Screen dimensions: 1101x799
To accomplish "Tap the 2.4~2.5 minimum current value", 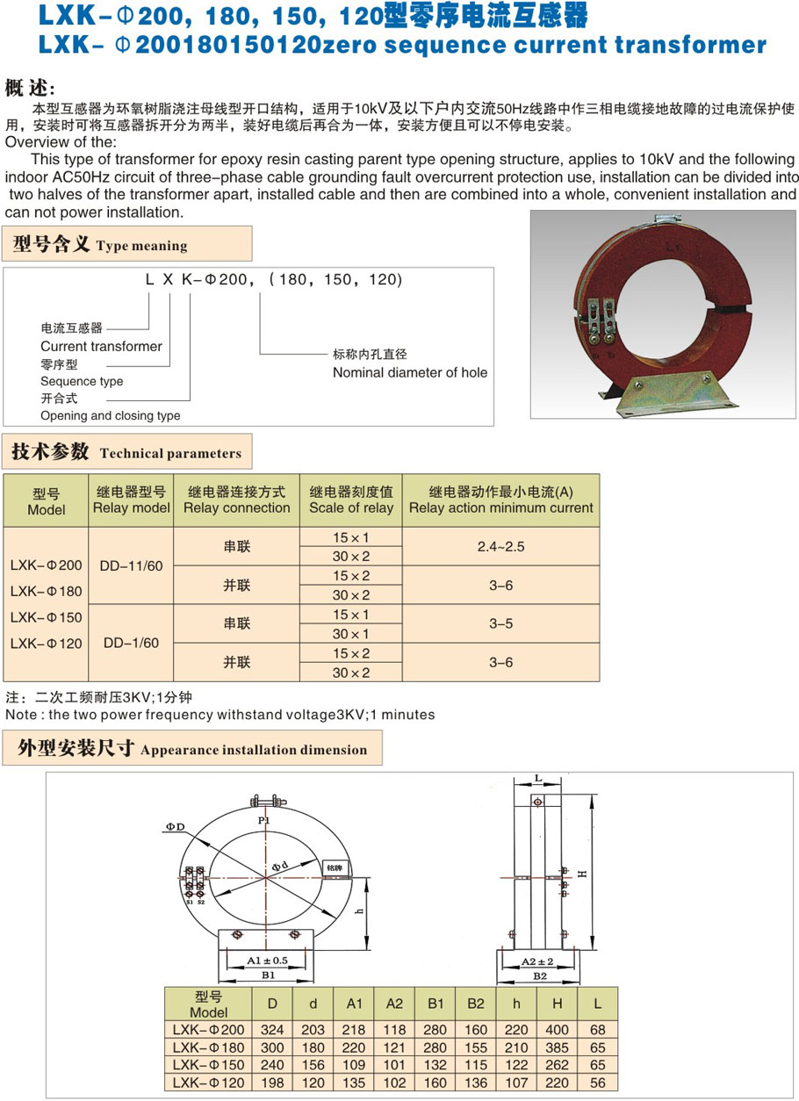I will click(500, 546).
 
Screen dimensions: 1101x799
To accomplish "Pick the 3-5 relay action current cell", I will click(500, 623).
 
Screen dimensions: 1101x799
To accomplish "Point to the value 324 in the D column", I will click(273, 1030).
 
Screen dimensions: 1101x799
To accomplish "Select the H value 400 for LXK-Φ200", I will click(557, 1030).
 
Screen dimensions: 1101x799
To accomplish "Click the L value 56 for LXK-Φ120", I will click(598, 1083).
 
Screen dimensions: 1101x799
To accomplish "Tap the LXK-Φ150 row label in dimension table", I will click(208, 1065).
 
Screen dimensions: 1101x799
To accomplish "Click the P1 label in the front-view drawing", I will click(263, 820).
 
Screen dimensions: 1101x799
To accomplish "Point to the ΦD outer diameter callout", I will click(174, 827).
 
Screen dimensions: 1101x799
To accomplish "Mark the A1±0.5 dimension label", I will click(268, 960).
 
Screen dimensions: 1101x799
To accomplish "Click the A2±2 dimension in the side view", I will click(540, 961).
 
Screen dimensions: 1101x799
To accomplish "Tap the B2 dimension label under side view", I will click(540, 975).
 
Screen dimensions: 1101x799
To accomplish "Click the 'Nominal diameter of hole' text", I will click(409, 372).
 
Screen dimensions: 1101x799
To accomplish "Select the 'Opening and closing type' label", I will click(110, 415).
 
